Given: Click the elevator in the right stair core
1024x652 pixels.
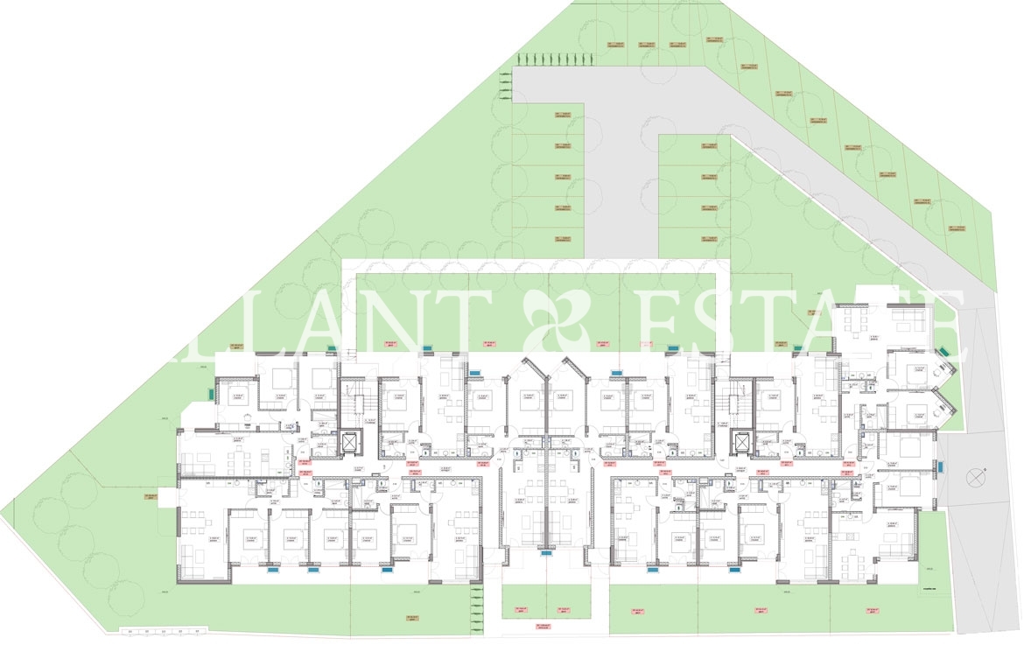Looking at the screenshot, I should (x=744, y=443).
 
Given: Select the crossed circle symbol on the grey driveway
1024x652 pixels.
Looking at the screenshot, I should (x=974, y=479).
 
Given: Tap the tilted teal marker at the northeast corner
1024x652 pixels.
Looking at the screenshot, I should (x=945, y=353).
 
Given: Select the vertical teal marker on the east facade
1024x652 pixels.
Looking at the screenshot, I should (x=942, y=467).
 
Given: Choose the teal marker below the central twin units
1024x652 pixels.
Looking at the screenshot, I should (x=547, y=553).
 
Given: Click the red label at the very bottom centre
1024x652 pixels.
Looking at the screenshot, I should (x=543, y=627).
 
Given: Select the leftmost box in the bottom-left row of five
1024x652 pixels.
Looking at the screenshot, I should (x=128, y=631).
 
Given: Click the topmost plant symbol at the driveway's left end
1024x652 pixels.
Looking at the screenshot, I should (x=506, y=76).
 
